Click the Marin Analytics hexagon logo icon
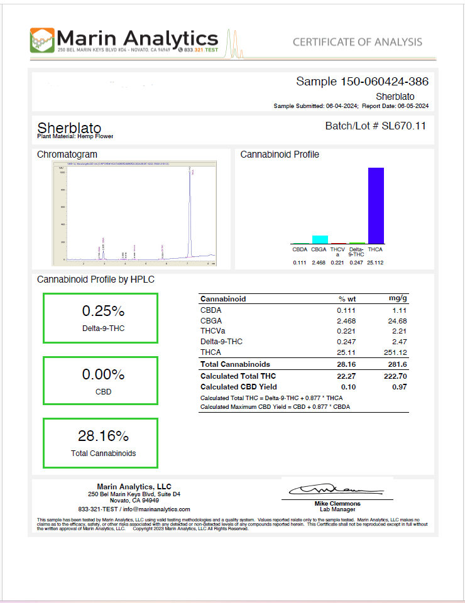[x=41, y=40]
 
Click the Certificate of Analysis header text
[x=357, y=42]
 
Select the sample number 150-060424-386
[x=384, y=82]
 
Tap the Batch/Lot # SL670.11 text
[x=375, y=126]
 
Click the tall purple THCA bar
[x=376, y=205]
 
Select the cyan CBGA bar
[x=320, y=239]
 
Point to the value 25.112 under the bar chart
[x=376, y=263]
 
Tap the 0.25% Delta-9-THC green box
[x=101, y=318]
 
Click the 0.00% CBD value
[x=100, y=375]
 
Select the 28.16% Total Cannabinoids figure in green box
[x=100, y=437]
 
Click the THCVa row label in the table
[x=212, y=331]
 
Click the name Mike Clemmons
[x=337, y=504]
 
